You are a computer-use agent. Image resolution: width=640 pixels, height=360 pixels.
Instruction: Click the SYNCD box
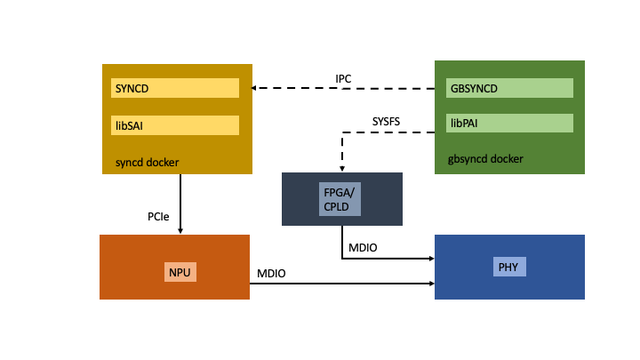pyautogui.click(x=175, y=88)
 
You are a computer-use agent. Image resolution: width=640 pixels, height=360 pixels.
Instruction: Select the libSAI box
pyautogui.click(x=175, y=125)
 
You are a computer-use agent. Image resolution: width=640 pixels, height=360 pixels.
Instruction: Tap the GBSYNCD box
pyautogui.click(x=509, y=88)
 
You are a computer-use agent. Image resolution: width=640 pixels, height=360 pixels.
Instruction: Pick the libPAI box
pyautogui.click(x=509, y=123)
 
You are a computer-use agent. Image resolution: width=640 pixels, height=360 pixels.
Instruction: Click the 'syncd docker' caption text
pyautogui.click(x=147, y=163)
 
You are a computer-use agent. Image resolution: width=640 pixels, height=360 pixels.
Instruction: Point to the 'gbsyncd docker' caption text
pyautogui.click(x=485, y=159)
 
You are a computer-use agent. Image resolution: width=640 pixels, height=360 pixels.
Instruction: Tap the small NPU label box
pyautogui.click(x=180, y=271)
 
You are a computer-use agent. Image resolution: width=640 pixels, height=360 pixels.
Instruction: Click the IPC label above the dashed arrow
pyautogui.click(x=343, y=79)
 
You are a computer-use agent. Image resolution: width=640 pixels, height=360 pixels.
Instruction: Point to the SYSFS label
pyautogui.click(x=388, y=121)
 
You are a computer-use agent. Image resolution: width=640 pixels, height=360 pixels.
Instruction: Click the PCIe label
pyautogui.click(x=159, y=216)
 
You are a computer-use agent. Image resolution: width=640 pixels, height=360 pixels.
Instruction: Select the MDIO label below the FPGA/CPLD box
pyautogui.click(x=362, y=247)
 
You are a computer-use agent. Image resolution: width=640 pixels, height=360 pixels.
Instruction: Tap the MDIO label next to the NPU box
pyautogui.click(x=271, y=273)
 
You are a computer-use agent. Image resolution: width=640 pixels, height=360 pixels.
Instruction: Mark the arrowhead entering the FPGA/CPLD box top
pyautogui.click(x=342, y=169)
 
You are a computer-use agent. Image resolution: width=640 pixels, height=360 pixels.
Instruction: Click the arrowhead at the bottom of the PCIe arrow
pyautogui.click(x=180, y=230)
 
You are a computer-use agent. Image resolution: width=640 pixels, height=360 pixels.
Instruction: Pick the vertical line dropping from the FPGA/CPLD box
pyautogui.click(x=342, y=242)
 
